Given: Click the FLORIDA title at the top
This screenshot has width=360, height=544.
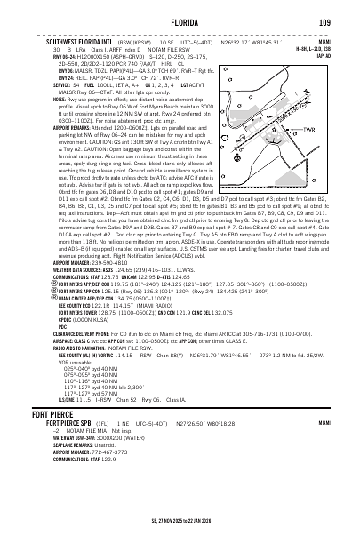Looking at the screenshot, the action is [x=181, y=21].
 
